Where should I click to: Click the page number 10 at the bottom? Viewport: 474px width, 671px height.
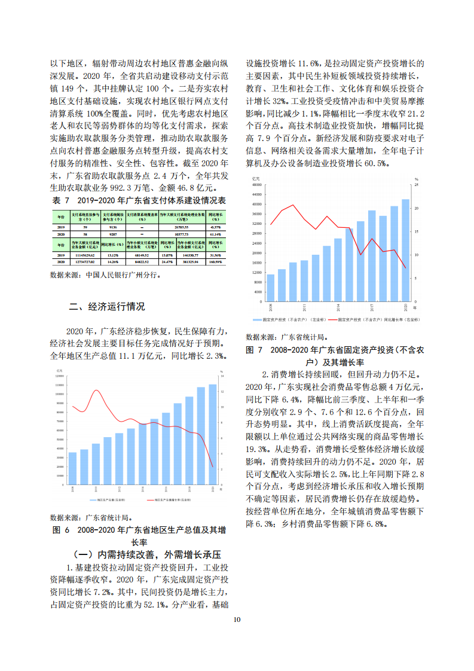point(237,619)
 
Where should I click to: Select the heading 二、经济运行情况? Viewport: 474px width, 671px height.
point(106,307)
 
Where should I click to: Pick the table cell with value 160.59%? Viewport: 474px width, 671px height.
point(215,262)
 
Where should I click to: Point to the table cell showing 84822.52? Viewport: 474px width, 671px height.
point(142,262)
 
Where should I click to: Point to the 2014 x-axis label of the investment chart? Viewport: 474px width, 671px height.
point(338,307)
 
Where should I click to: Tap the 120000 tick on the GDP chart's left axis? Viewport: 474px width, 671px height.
point(60,377)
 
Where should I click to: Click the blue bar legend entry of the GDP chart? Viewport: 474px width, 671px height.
point(108,500)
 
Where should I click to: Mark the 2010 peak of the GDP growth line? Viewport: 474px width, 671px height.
point(96,391)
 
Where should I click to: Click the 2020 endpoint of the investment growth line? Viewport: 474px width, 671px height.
point(405,267)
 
